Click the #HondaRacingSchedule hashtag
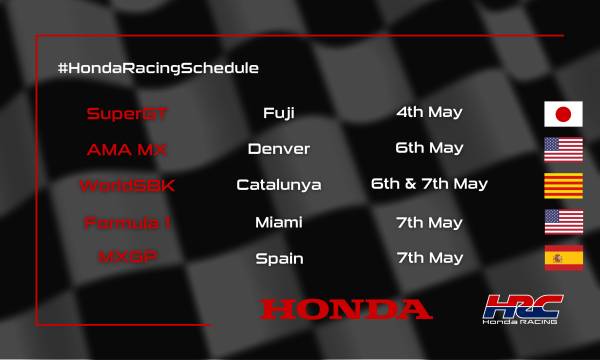(159, 67)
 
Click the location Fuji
(279, 113)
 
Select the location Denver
(279, 149)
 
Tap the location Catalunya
(279, 185)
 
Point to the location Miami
(279, 221)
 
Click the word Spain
(279, 257)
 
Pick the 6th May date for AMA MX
(430, 148)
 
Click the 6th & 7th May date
(429, 184)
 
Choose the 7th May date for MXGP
(430, 256)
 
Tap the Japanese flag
(563, 113)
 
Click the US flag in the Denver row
(563, 149)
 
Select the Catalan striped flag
(563, 185)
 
